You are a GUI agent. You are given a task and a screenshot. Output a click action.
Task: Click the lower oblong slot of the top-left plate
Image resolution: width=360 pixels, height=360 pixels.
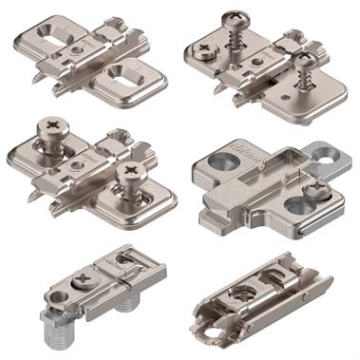click(x=127, y=76)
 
